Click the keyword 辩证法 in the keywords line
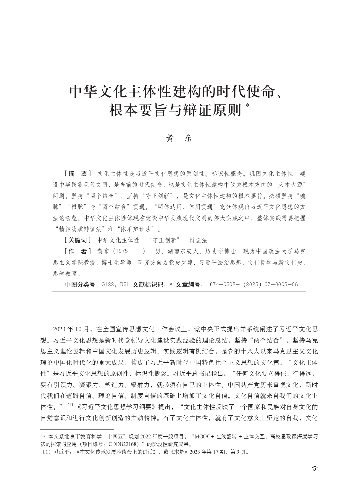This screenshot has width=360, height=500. pos(198,240)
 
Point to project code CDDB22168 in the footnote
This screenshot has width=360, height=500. pos(125,444)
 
